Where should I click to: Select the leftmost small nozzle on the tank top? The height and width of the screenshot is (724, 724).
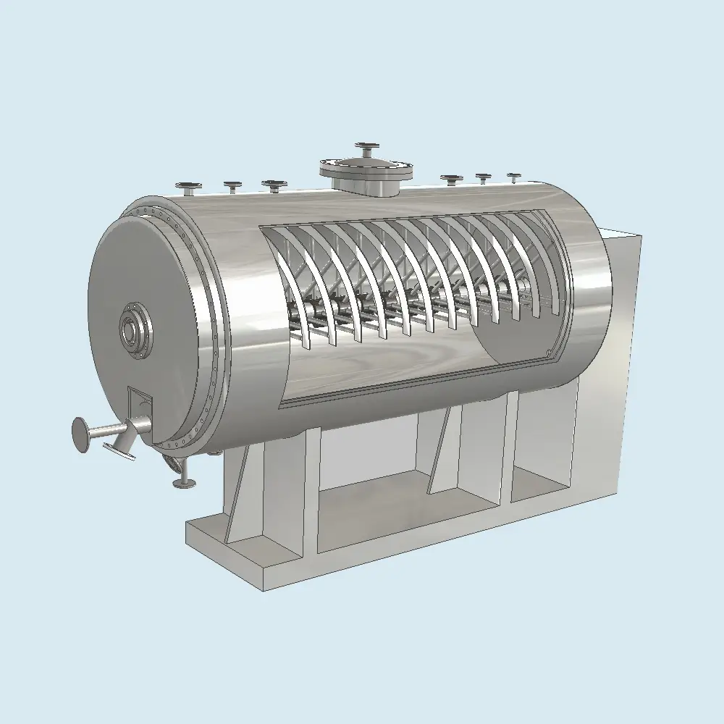pyautogui.click(x=190, y=187)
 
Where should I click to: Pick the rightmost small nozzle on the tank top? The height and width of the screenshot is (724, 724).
pyautogui.click(x=513, y=177)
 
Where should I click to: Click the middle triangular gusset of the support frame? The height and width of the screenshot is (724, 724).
pyautogui.click(x=444, y=452)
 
